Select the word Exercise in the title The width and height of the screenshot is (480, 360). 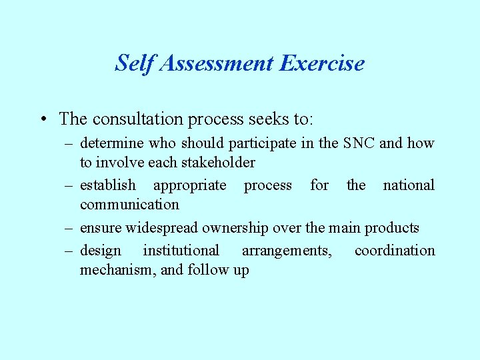pos(322,63)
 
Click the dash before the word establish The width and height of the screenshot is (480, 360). pos(69,185)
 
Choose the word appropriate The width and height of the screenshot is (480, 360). pos(190,185)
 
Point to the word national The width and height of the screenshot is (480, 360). pos(408,185)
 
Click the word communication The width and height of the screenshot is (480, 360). pos(129,205)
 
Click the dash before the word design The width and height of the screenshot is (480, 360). pos(69,251)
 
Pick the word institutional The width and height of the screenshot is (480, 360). pos(181,251)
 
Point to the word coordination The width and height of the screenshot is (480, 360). pos(395,251)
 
